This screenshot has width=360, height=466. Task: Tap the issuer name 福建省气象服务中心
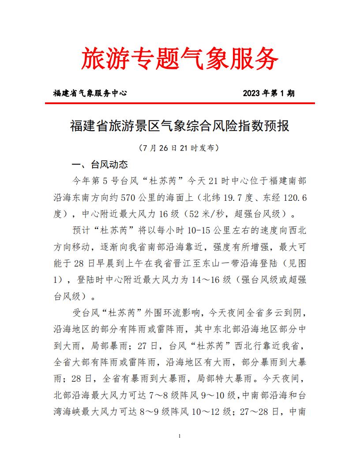point(90,93)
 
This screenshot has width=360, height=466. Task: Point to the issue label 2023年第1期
point(268,93)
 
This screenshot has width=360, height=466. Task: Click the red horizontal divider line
point(180,103)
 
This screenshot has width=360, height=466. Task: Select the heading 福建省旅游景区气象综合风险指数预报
point(180,126)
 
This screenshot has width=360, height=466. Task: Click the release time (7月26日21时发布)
point(180,147)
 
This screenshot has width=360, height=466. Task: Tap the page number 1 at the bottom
point(180,436)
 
